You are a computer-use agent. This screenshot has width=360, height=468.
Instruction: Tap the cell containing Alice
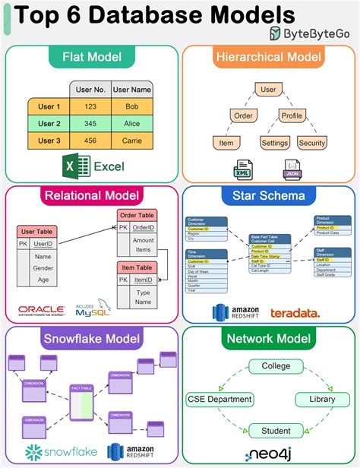[132, 123]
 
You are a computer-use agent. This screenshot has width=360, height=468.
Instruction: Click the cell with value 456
[90, 141]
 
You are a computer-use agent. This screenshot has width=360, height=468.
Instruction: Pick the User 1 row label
[49, 106]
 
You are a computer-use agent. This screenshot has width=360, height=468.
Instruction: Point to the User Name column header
[132, 90]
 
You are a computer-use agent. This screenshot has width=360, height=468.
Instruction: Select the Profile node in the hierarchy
[292, 115]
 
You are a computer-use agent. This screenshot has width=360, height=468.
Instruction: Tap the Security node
[311, 142]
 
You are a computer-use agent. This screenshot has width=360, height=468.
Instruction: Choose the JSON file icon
[292, 169]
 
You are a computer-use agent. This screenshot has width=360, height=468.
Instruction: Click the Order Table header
[137, 215]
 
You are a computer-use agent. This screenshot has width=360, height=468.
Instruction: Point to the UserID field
[43, 243]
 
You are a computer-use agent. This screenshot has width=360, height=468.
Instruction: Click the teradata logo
[293, 312]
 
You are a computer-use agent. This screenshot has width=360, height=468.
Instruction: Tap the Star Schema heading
[269, 195]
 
